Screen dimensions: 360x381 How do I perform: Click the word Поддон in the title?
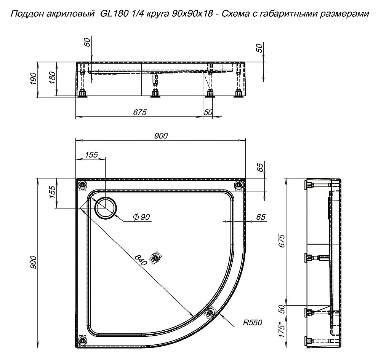pos(25,14)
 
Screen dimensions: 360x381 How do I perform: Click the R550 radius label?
pos(253,323)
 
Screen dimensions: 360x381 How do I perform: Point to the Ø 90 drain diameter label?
pos(142,217)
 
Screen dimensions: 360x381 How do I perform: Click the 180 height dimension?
pos(53,78)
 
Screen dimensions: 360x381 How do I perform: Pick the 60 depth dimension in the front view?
pos(88,43)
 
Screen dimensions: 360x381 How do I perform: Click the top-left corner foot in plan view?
pos(83,185)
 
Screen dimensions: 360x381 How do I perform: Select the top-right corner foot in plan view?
pos(239,185)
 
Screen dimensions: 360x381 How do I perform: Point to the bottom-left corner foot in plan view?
pos(82,340)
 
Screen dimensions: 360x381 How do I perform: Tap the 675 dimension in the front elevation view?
pos(140,113)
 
